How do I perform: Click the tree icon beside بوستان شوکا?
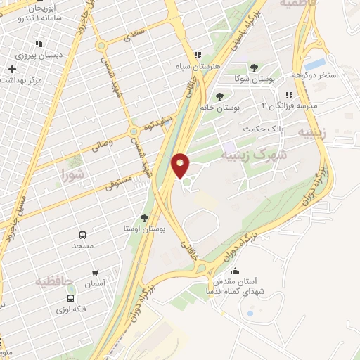[254, 67]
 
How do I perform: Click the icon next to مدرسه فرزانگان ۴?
[288, 95]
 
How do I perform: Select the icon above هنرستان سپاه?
[198, 55]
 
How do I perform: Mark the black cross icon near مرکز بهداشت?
[12, 69]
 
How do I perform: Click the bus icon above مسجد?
[82, 236]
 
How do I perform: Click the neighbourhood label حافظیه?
[53, 281]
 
